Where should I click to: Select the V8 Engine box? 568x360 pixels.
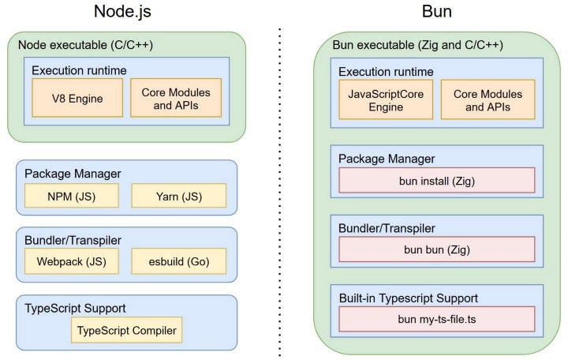tap(77, 98)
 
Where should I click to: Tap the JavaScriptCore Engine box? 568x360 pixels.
tap(386, 99)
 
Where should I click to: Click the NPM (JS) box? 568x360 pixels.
tap(71, 195)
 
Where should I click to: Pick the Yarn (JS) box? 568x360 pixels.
tap(178, 195)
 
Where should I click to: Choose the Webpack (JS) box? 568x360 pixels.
tap(71, 260)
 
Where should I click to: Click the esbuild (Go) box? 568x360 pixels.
tap(178, 260)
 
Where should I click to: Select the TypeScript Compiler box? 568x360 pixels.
tap(126, 329)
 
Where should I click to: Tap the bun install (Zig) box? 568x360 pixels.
tap(436, 181)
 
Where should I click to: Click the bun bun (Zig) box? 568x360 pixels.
tap(436, 249)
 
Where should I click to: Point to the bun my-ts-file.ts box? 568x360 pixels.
tap(436, 319)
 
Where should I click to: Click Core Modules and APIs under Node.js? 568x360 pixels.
tap(176, 98)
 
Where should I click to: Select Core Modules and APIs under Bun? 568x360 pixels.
tap(488, 99)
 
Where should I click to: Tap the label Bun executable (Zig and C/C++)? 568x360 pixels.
tap(418, 45)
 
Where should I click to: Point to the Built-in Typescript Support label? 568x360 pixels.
tap(408, 298)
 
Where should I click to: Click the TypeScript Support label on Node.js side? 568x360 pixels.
tap(75, 307)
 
